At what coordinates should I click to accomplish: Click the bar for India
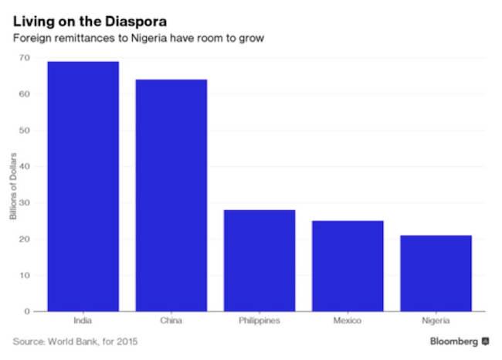point(83,186)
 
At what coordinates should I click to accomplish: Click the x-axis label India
point(83,321)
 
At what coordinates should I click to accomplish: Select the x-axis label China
point(171,321)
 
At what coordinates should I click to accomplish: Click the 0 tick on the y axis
point(27,311)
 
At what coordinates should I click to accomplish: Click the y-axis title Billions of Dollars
point(13,185)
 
